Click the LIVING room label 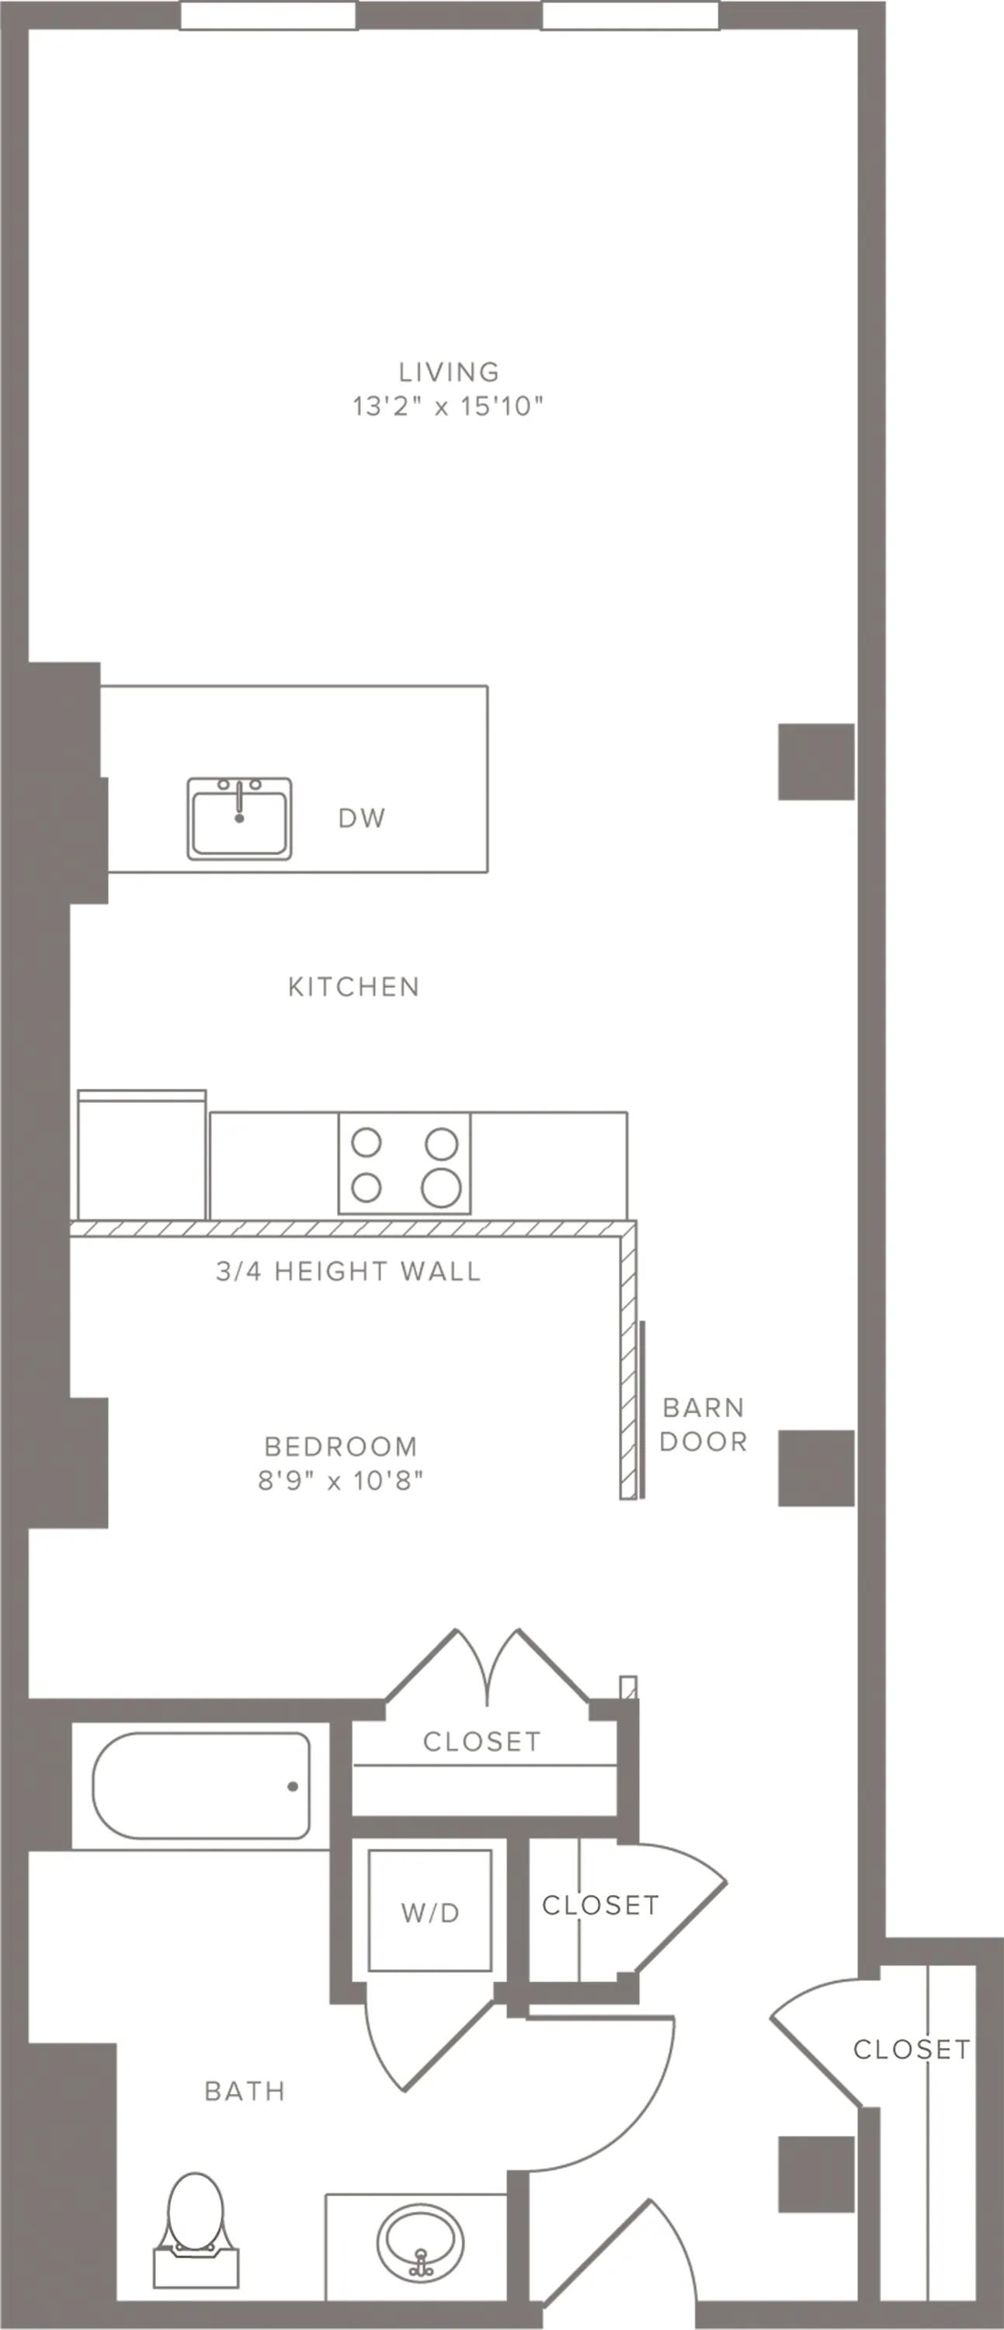449,372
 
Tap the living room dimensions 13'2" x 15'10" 448,406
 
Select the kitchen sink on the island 240,818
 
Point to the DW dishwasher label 362,818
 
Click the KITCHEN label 353,987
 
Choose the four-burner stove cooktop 405,1163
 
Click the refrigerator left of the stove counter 142,1155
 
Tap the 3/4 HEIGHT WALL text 348,1271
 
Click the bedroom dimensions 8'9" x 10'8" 341,1480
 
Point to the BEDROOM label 341,1446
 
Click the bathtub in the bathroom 201,1786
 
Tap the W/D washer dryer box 430,1912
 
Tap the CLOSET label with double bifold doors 482,1741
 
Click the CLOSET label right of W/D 600,1905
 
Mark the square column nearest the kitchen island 816,762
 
